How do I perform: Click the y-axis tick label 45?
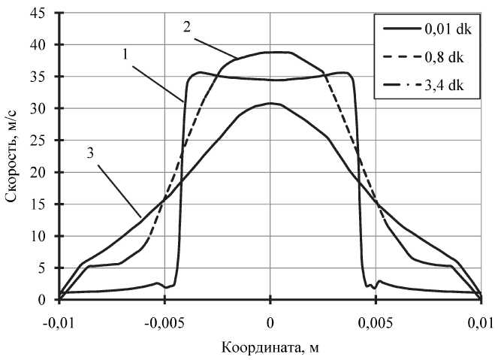[x=41, y=13]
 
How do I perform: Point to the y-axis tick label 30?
[x=41, y=108]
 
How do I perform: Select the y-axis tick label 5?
[x=44, y=268]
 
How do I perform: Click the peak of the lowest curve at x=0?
[x=270, y=104]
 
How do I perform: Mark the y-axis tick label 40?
[x=41, y=44]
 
